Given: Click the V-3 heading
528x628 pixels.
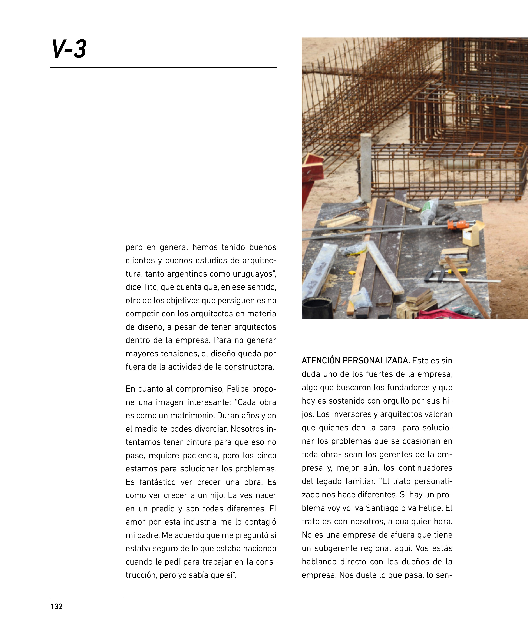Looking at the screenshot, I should [69, 49].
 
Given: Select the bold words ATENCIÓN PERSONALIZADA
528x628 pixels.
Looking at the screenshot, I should [356, 361].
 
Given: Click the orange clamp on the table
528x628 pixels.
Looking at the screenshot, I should [457, 224].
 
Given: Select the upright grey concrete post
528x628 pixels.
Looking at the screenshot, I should [366, 167].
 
